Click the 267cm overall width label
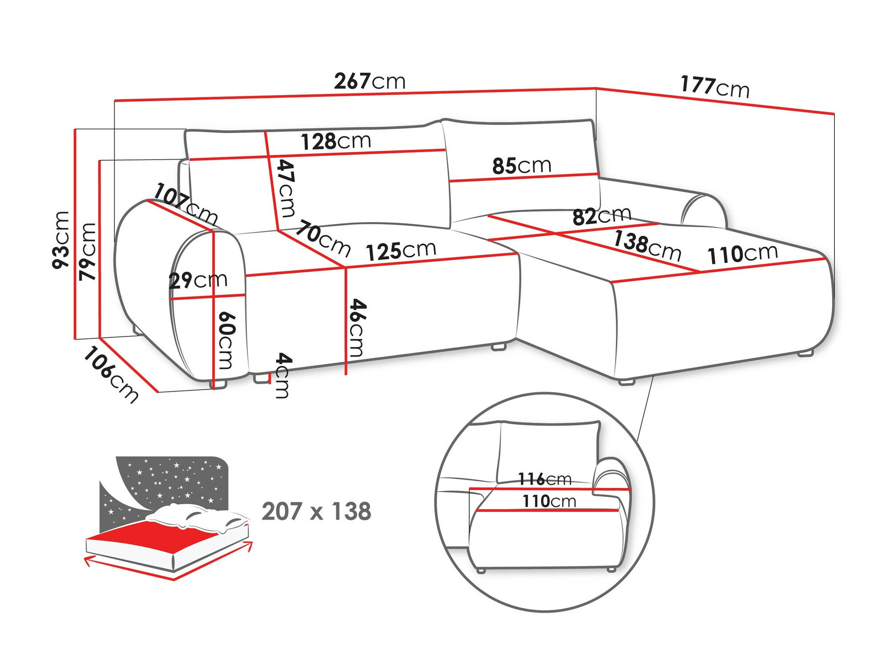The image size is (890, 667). (x=369, y=81)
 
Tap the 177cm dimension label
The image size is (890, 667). (x=715, y=87)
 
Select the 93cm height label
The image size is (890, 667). (x=61, y=240)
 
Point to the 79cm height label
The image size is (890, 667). (x=87, y=251)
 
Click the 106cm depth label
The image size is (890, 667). (x=111, y=375)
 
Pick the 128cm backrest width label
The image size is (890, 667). (x=336, y=141)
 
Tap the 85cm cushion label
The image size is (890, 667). (x=522, y=166)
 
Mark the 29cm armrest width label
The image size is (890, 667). (x=198, y=280)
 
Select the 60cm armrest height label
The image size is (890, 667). (x=226, y=340)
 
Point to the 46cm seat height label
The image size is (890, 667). (x=357, y=328)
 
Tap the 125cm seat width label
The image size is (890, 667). (x=401, y=251)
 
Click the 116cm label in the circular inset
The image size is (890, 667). (x=545, y=479)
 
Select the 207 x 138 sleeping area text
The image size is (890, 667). (x=316, y=511)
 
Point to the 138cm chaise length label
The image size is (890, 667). (x=647, y=245)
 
